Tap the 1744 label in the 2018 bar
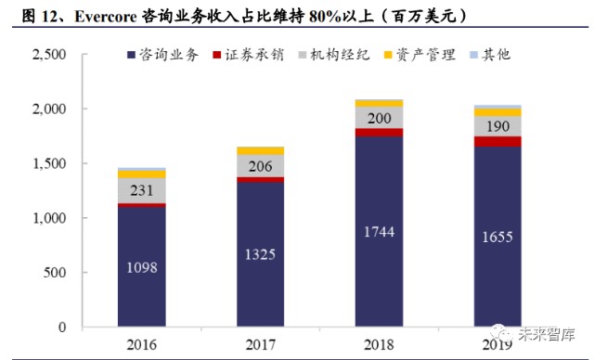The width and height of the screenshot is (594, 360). pyautogui.click(x=379, y=232)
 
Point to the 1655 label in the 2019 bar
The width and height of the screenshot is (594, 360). pyautogui.click(x=497, y=238)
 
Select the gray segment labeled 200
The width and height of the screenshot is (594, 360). pyautogui.click(x=379, y=118)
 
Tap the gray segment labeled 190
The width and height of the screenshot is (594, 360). pyautogui.click(x=497, y=126)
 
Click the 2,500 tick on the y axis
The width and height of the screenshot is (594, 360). pyautogui.click(x=48, y=55)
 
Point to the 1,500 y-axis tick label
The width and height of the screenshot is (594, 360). pyautogui.click(x=48, y=164)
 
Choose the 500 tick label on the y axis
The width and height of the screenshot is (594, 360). pyautogui.click(x=55, y=273)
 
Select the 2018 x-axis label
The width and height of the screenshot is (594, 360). pyautogui.click(x=379, y=344)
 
